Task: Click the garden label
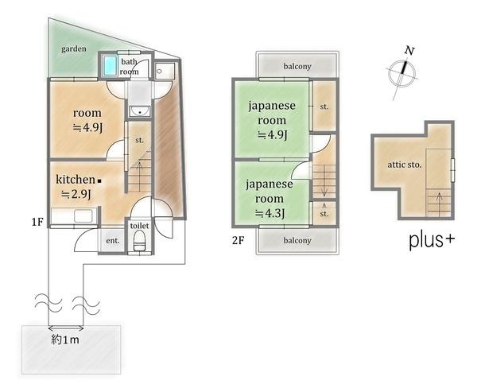[x=74, y=49]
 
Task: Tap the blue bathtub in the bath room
[x=110, y=65]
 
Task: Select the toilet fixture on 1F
[x=139, y=240]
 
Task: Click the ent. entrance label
[x=113, y=240]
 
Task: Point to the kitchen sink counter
[x=74, y=215]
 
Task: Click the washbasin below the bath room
[x=140, y=111]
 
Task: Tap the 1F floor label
[x=37, y=222]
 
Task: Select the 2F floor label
[x=238, y=240]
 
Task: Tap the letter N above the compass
[x=409, y=51]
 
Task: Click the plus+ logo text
[x=432, y=240]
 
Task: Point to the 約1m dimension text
[x=65, y=340]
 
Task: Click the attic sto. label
[x=405, y=165]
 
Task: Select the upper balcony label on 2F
[x=297, y=66]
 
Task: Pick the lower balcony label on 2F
[x=297, y=240]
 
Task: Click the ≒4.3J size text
[x=270, y=213]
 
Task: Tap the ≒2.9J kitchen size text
[x=76, y=194]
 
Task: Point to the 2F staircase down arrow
[x=324, y=181]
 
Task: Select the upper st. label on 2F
[x=324, y=107]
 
